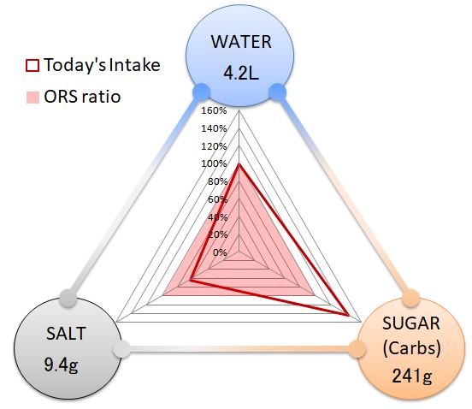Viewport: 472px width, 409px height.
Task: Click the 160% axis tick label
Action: point(214,110)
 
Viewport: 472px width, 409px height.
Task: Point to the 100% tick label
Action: point(214,163)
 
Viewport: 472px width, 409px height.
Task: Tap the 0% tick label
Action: point(220,252)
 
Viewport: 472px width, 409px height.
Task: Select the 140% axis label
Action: point(214,128)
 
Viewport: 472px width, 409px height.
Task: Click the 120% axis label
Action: point(214,146)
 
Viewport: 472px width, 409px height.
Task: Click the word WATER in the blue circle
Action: point(241,42)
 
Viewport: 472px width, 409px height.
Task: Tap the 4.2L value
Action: point(241,74)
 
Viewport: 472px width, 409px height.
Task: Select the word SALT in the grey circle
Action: point(66,334)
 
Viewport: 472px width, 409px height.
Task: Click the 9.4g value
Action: point(61,365)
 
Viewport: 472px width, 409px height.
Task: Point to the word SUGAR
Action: point(411,323)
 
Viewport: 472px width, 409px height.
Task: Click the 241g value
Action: point(412,376)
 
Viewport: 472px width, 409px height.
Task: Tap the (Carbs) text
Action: point(412,348)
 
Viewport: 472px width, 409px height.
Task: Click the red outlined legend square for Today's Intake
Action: point(32,65)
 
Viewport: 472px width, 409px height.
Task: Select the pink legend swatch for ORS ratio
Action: point(32,98)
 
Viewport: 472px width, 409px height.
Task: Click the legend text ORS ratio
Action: point(82,97)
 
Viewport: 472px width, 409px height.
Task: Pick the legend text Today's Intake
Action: point(102,65)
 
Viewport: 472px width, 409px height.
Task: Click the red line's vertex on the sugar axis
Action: point(348,316)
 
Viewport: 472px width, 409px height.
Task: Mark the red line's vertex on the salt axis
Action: point(191,280)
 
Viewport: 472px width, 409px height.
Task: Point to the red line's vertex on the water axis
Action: point(239,164)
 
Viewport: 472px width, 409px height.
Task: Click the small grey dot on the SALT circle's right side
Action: point(122,350)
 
